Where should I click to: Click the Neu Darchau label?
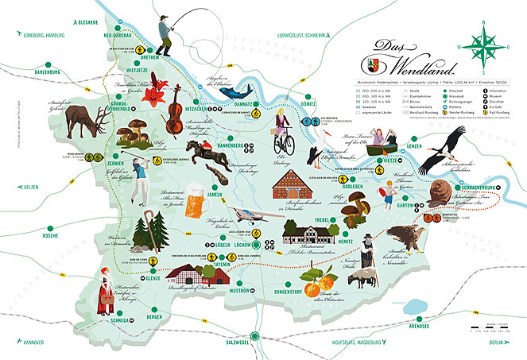[118, 36]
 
